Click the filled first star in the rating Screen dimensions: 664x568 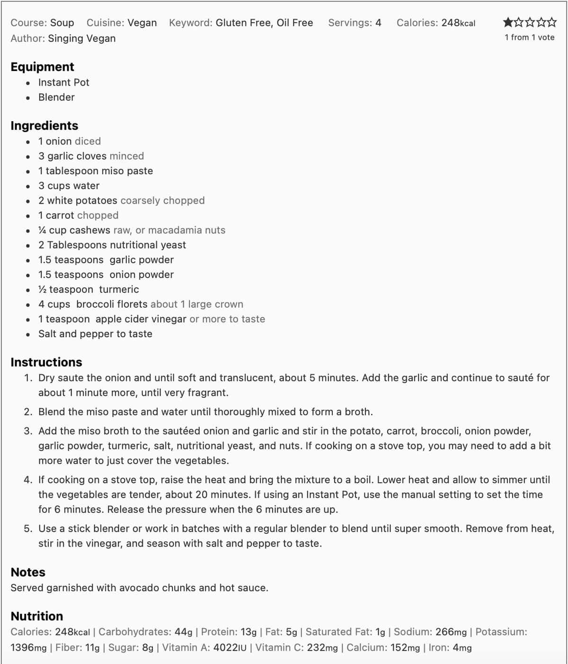(508, 22)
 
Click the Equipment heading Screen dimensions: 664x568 (42, 67)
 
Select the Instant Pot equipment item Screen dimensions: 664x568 (63, 82)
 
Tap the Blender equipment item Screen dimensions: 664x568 (56, 97)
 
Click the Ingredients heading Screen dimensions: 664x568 (44, 126)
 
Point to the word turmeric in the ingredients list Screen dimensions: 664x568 (119, 289)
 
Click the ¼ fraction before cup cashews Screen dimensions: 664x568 (42, 230)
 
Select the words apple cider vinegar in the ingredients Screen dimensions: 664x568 (141, 319)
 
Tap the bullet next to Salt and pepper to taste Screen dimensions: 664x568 (28, 334)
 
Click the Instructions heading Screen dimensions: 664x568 (46, 362)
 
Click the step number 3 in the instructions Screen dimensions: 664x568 (27, 431)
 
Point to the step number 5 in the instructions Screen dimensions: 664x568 (27, 529)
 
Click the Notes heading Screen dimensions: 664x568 (28, 572)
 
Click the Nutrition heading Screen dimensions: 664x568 (36, 616)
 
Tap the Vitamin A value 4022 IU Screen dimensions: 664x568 (230, 647)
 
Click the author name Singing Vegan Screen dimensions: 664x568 (82, 38)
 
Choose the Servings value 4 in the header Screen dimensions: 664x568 (378, 23)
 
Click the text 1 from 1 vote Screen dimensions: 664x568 (529, 37)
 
